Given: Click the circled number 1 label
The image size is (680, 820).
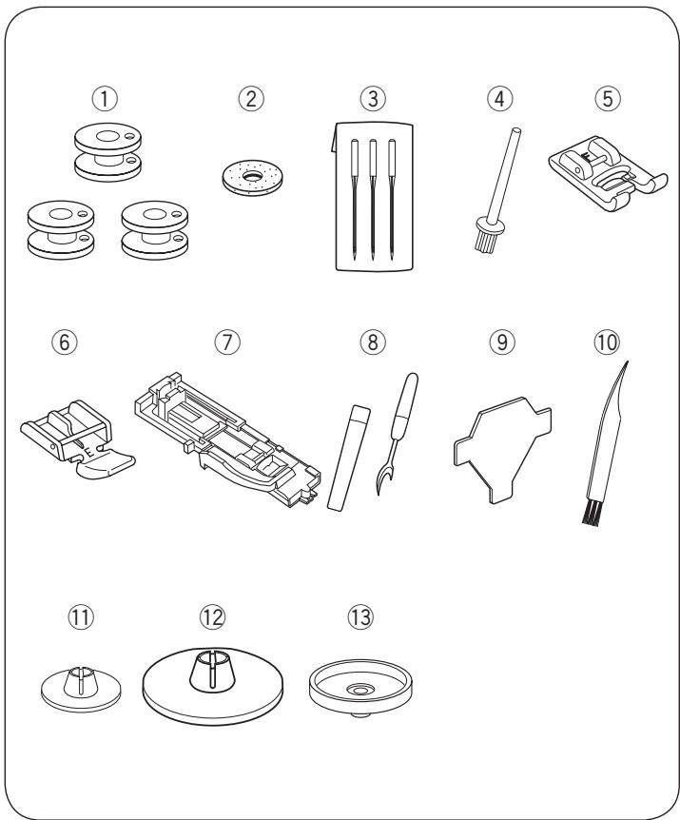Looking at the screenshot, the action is [x=105, y=99].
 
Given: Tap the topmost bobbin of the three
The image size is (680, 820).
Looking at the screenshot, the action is [x=107, y=152].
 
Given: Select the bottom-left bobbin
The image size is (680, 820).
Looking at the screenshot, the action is [x=61, y=229].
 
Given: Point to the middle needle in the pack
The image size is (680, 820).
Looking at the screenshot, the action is [x=373, y=199].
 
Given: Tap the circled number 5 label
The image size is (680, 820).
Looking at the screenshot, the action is [x=608, y=99].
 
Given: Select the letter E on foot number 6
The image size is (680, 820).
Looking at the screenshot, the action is [x=89, y=452].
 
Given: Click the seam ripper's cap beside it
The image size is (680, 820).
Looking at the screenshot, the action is [x=349, y=458].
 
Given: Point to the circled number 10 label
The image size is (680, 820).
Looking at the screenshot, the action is [x=607, y=342].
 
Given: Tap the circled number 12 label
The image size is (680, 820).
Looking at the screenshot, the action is [x=212, y=617].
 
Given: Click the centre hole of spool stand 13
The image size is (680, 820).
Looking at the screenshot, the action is [x=359, y=691].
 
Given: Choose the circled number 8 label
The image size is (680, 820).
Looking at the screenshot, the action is [x=373, y=342].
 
